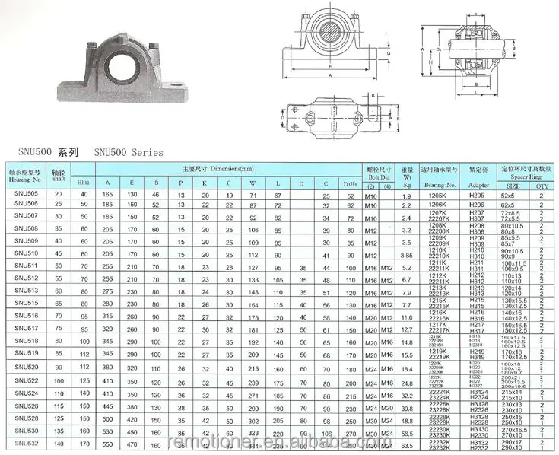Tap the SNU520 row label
tap(26, 366)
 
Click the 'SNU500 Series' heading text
tap(129, 152)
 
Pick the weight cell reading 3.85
tap(407, 254)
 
